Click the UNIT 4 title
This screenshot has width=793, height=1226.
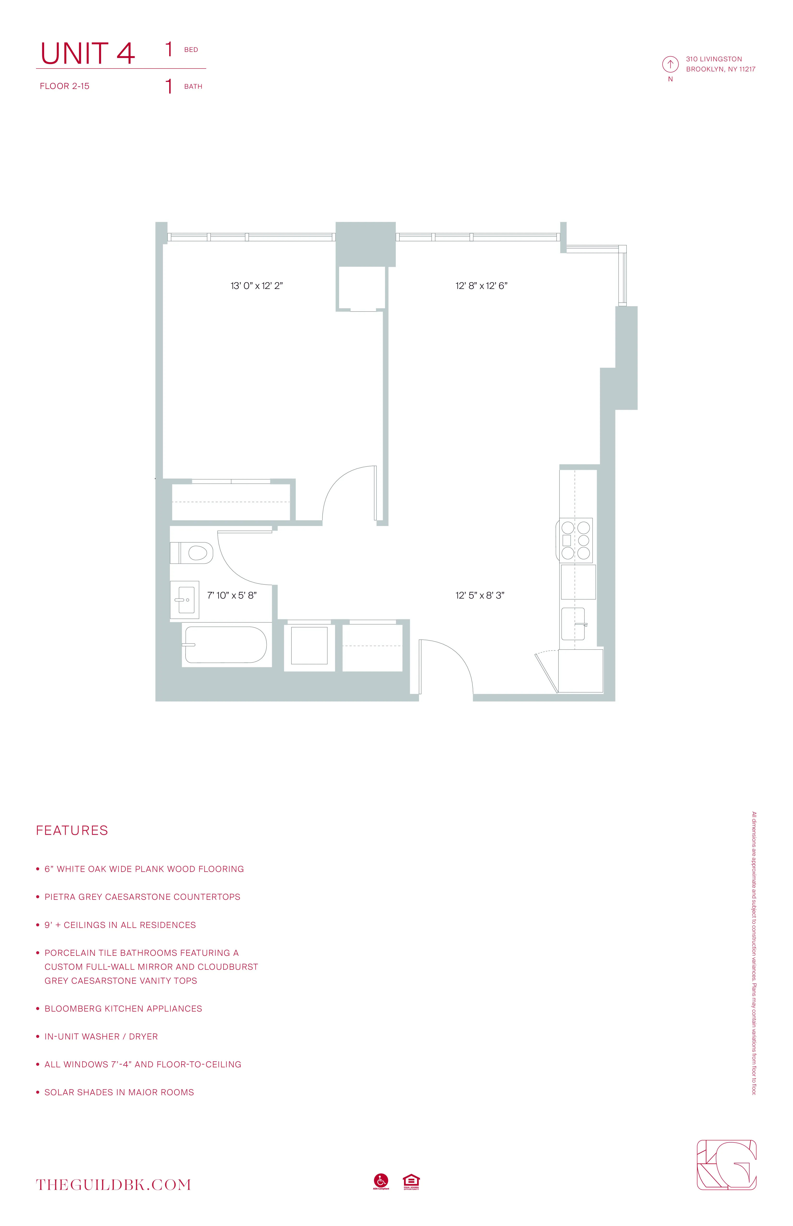coord(87,54)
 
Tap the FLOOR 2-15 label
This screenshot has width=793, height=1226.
coord(64,86)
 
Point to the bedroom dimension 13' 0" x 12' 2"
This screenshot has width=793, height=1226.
coord(256,286)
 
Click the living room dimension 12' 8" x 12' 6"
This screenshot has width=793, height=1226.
coord(481,286)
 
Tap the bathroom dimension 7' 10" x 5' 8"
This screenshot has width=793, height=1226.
coord(232,595)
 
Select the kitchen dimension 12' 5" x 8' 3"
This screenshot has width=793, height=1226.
coord(479,595)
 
